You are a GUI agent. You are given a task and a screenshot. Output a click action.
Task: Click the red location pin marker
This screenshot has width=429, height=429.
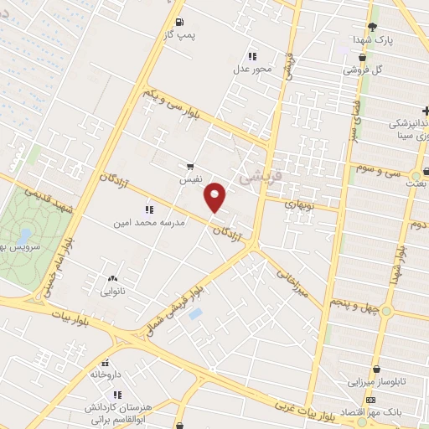click(x=216, y=197)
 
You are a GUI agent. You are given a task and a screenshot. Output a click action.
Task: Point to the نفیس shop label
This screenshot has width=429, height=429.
click(x=188, y=179)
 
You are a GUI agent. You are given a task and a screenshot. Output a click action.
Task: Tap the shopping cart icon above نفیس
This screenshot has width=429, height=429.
click(x=191, y=166)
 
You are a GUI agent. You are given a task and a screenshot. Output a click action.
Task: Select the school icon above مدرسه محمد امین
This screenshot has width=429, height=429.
click(x=149, y=209)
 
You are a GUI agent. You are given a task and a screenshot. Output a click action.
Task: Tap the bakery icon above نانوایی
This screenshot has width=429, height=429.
click(x=112, y=279)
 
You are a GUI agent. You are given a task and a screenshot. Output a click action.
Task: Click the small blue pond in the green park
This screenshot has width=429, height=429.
click(x=24, y=236)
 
